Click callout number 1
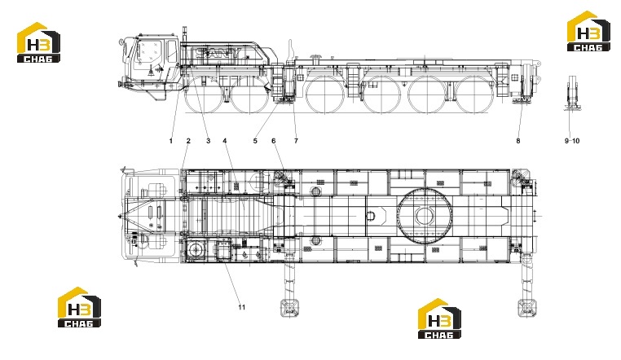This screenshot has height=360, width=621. (171, 141)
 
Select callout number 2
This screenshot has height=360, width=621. (188, 141)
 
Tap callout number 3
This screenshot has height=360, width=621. (209, 141)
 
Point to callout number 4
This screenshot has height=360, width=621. (225, 141)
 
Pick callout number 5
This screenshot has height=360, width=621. (255, 141)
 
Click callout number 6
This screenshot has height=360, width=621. (273, 141)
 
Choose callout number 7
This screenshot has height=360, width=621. (296, 141)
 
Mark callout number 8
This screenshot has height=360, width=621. (518, 141)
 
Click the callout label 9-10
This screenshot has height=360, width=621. (572, 141)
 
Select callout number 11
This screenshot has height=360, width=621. (241, 307)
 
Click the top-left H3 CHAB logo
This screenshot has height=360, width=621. (38, 42)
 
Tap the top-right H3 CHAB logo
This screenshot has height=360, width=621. (589, 31)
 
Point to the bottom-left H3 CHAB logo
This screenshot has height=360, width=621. (79, 307)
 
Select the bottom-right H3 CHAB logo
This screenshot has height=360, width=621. (439, 318)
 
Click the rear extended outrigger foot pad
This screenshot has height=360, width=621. (527, 307)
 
